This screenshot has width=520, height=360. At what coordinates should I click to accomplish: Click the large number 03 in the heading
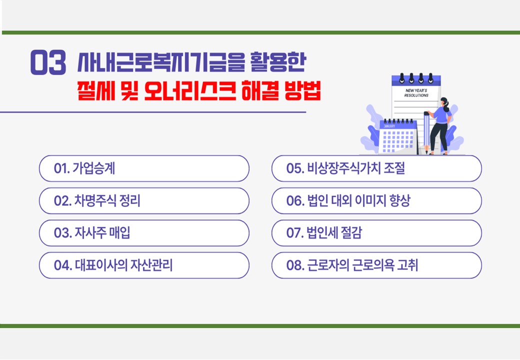click(48, 62)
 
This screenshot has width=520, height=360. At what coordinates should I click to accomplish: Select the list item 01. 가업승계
click(144, 168)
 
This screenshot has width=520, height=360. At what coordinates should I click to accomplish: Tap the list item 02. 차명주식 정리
click(144, 200)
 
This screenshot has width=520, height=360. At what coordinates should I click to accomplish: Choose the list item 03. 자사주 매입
click(144, 233)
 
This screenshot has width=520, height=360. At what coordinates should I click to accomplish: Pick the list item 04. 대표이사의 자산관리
click(144, 265)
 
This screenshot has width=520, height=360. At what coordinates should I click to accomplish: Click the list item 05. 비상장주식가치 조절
click(376, 168)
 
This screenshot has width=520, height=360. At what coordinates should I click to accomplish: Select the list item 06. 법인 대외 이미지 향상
click(376, 200)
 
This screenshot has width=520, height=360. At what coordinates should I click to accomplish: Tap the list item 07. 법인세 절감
click(376, 233)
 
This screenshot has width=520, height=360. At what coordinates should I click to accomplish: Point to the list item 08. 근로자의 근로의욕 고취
click(376, 265)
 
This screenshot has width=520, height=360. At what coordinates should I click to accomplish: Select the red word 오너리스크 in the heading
click(190, 90)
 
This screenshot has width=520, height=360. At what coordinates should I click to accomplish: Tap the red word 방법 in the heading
click(302, 90)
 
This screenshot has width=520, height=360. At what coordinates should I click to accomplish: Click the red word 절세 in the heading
click(96, 90)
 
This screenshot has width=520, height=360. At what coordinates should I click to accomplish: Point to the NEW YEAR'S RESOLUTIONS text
click(416, 93)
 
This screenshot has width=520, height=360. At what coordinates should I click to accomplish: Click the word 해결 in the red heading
click(260, 90)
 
